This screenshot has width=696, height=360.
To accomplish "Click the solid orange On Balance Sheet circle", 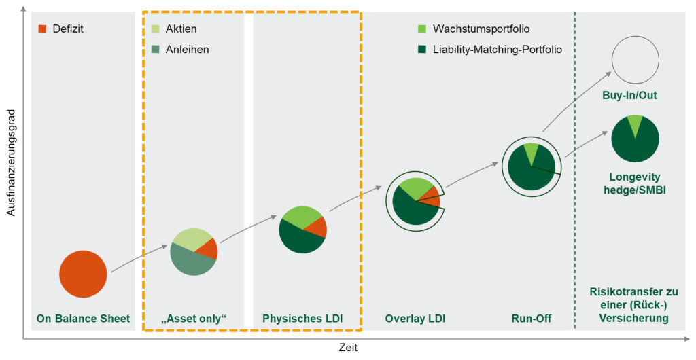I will pyautogui.click(x=83, y=274).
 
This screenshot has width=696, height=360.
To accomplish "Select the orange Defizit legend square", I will pyautogui.click(x=41, y=29).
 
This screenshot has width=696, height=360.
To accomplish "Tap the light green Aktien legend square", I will pyautogui.click(x=155, y=29).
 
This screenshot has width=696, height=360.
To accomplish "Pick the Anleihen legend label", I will pyautogui.click(x=188, y=49).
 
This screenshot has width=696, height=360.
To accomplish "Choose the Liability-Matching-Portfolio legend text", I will pyautogui.click(x=498, y=49).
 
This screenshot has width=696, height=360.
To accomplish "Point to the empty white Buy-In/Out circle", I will pyautogui.click(x=636, y=60).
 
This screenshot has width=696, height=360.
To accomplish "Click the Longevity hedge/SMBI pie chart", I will pyautogui.click(x=636, y=139).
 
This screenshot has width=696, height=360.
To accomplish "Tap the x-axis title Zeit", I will pyautogui.click(x=348, y=347).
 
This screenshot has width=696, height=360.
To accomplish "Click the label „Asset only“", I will pyautogui.click(x=194, y=318).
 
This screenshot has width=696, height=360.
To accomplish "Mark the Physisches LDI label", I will pyautogui.click(x=302, y=318).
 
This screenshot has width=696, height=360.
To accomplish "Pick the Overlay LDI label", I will pyautogui.click(x=415, y=318).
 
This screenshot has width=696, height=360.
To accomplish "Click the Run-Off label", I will pyautogui.click(x=530, y=318).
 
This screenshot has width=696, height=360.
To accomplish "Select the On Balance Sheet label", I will pyautogui.click(x=83, y=318).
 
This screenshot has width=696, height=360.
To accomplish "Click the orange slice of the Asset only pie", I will pyautogui.click(x=209, y=249).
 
